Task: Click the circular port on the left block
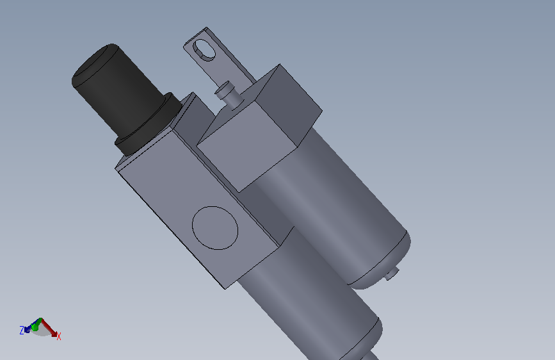coord(215,227)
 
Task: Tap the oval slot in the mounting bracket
coord(204,49)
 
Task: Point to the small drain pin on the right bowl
coord(392,275)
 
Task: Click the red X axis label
coord(59,336)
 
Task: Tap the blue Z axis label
coord(22,331)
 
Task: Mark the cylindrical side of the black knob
coord(128,96)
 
